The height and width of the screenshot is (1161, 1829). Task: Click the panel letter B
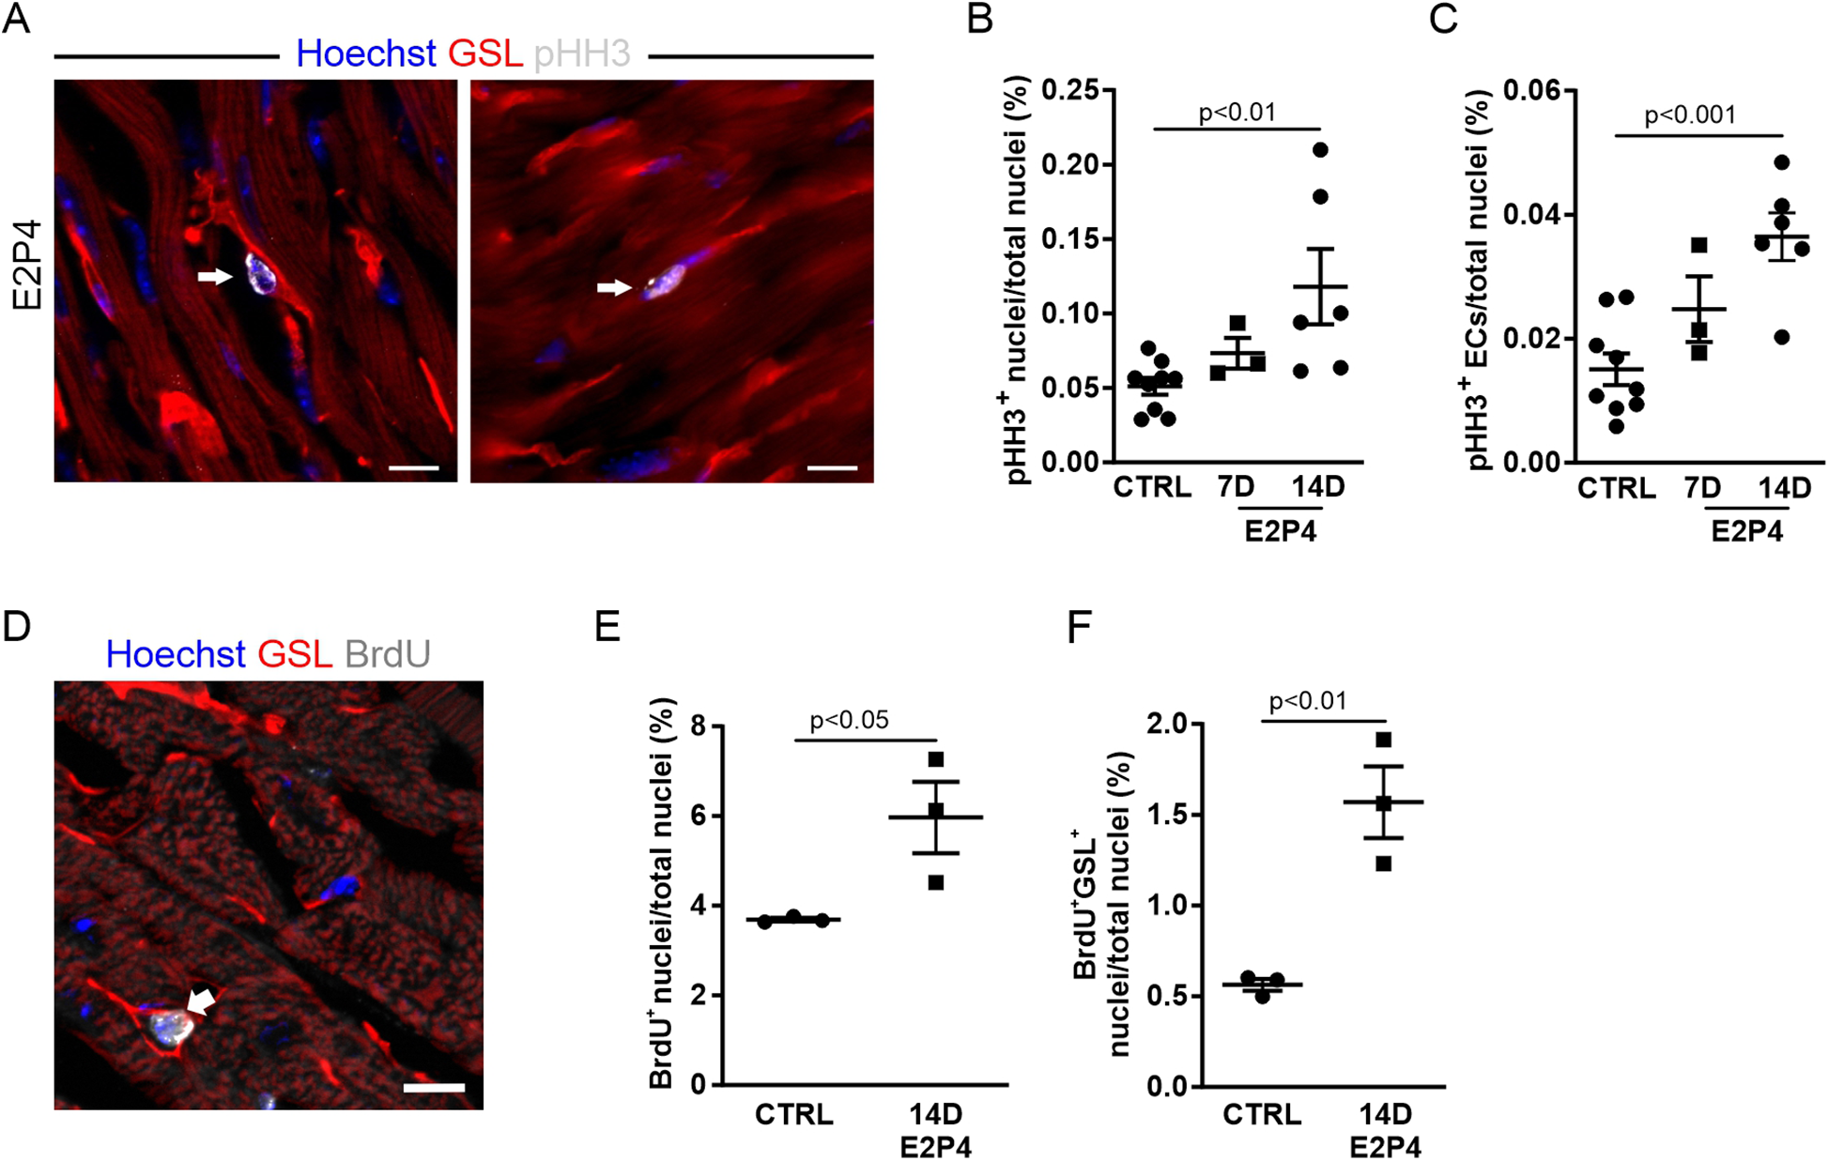tap(979, 19)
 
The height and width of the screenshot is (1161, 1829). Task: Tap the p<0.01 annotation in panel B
tap(1237, 113)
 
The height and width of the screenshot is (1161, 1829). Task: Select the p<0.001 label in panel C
tap(1689, 115)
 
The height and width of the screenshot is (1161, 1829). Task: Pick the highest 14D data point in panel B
tap(1320, 150)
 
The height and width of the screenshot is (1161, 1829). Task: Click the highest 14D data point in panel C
tap(1781, 162)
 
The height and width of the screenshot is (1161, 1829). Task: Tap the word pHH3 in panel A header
tap(581, 53)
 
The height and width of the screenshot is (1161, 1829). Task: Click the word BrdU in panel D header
tap(387, 653)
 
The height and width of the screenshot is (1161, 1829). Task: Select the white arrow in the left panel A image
tap(214, 276)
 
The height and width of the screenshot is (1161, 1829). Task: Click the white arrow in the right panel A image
tap(614, 287)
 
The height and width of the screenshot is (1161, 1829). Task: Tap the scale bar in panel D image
tap(434, 1088)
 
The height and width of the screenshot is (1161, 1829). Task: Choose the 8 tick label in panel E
tap(697, 726)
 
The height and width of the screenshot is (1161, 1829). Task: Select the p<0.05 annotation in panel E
tap(849, 720)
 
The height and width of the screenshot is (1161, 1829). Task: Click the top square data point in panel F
tap(1383, 741)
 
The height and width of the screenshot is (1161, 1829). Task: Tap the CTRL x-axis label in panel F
tap(1262, 1114)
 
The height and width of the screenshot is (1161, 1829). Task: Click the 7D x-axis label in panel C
tap(1701, 487)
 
